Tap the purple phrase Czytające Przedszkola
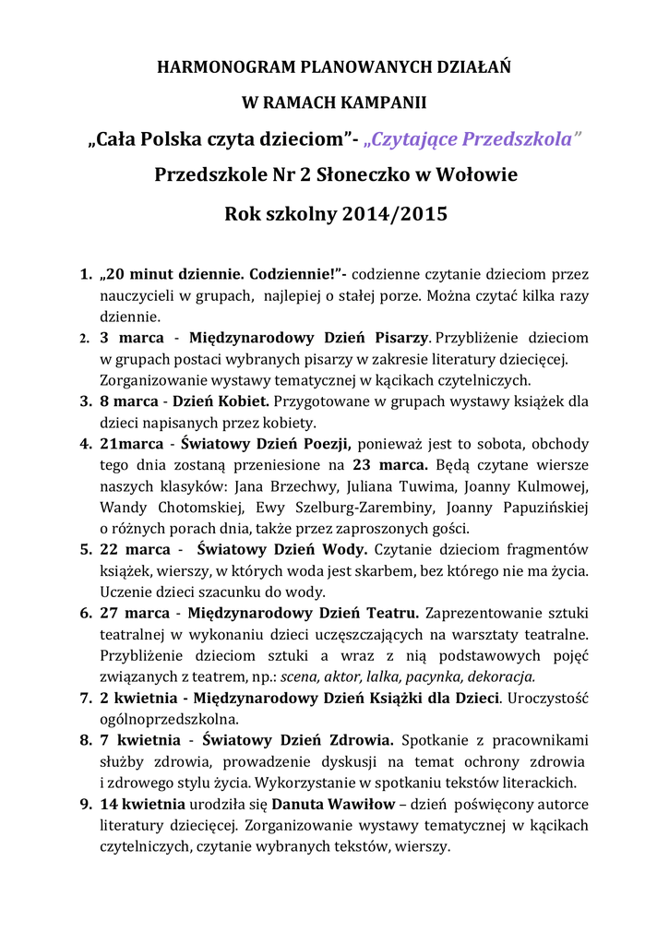[473, 138]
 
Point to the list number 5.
[84, 550]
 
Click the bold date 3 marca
[132, 338]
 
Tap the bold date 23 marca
[390, 465]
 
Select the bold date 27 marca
[135, 614]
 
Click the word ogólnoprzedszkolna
[169, 719]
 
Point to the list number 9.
[84, 804]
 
